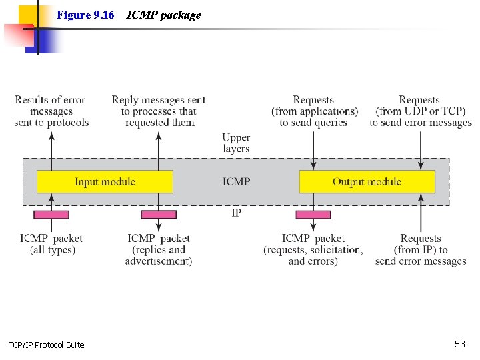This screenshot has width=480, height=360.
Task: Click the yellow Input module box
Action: pos(105,182)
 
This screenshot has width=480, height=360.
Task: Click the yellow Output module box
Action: pos(367,182)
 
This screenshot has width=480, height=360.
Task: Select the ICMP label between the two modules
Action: pos(237,181)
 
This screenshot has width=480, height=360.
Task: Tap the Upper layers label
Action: pos(236,143)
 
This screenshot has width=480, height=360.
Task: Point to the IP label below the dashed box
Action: pos(236,213)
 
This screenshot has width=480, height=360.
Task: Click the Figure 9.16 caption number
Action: pos(85,15)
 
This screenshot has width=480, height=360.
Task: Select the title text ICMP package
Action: pos(163,15)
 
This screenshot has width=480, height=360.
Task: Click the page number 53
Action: pos(459,344)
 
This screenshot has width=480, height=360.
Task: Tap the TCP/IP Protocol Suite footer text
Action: pos(46,345)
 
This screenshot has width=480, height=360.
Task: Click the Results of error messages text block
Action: pos(51,111)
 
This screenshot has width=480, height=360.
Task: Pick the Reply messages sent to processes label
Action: pos(159,111)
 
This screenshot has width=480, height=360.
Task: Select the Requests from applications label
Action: pos(314,111)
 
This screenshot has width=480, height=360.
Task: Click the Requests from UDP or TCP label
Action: pos(421,111)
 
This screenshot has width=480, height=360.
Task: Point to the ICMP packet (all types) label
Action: pos(51,244)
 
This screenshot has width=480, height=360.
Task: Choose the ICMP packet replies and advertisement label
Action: pos(159,249)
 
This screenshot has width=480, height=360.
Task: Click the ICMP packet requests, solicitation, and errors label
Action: pos(313,249)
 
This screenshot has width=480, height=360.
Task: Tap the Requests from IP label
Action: pos(421,249)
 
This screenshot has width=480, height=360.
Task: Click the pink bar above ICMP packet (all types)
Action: pos(51,215)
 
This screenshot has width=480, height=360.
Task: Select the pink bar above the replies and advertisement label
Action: pos(159,215)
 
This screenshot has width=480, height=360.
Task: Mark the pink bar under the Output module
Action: pos(313,215)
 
